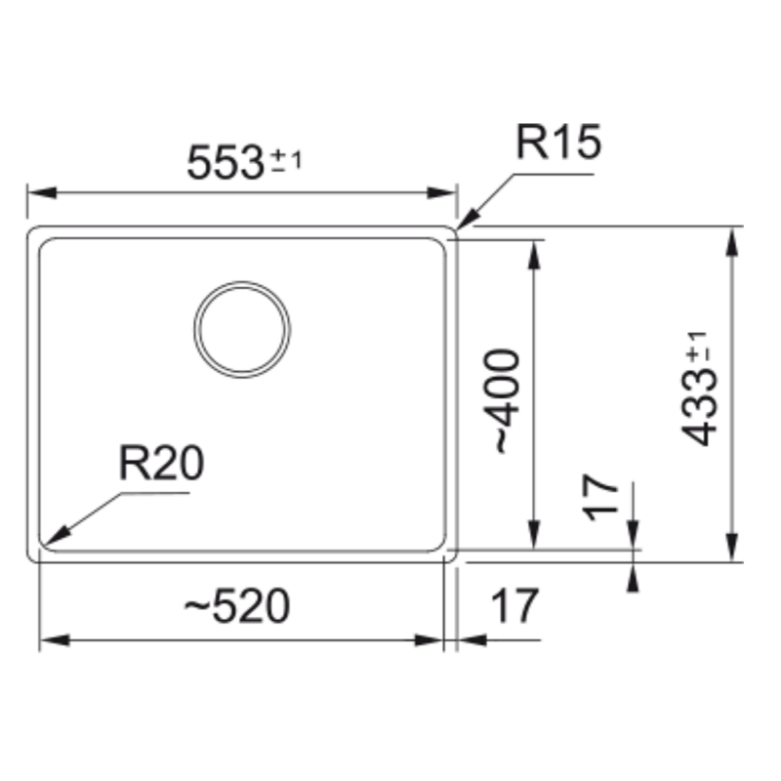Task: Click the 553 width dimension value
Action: tap(225, 162)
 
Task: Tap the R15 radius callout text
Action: tap(558, 142)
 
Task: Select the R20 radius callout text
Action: tap(161, 463)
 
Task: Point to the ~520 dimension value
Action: tap(237, 605)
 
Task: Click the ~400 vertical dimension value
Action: tap(508, 401)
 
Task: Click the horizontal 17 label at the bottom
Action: tap(514, 605)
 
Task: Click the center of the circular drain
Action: tap(242, 329)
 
